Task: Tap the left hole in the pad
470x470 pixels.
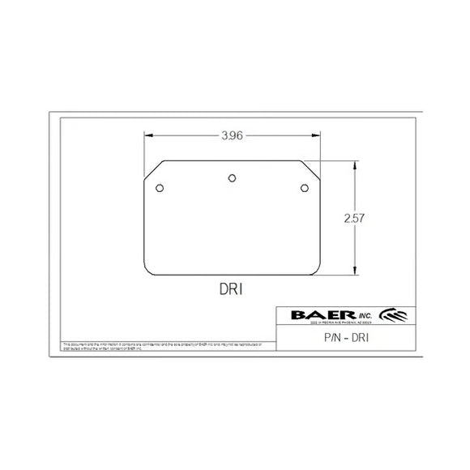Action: pyautogui.click(x=160, y=189)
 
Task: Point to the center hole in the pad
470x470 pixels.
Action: pyautogui.click(x=233, y=177)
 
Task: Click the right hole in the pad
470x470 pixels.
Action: pyautogui.click(x=305, y=189)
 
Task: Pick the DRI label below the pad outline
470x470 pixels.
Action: pyautogui.click(x=232, y=288)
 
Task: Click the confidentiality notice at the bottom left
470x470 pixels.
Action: pyautogui.click(x=162, y=347)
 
